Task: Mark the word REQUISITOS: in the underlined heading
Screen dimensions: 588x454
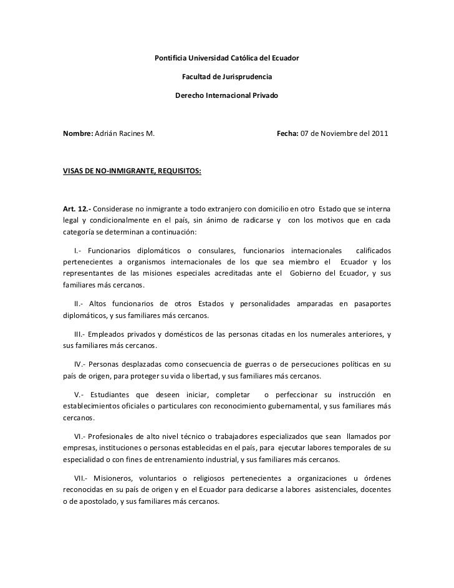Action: click(x=177, y=170)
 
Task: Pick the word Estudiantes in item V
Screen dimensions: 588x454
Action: click(x=113, y=394)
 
